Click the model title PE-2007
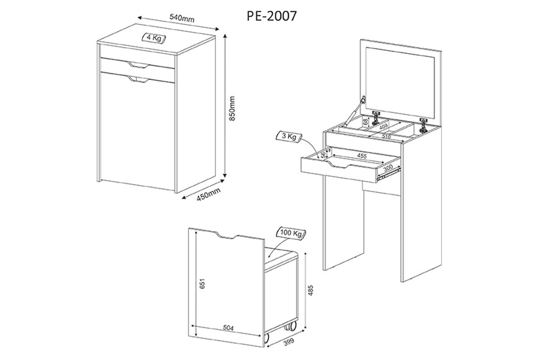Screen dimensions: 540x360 pyautogui.click(x=271, y=16)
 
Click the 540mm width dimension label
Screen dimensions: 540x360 pyautogui.click(x=182, y=18)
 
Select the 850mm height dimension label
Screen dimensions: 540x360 pyautogui.click(x=232, y=108)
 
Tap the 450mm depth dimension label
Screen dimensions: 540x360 pyautogui.click(x=208, y=194)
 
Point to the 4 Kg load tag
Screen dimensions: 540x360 pyautogui.click(x=154, y=38)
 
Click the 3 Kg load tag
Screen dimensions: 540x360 pyautogui.click(x=289, y=137)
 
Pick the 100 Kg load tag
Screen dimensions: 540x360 pyautogui.click(x=291, y=233)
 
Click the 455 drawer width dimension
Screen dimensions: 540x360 pyautogui.click(x=362, y=156)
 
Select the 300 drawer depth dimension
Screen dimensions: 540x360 pyautogui.click(x=387, y=167)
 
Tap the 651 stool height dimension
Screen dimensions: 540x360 pyautogui.click(x=202, y=283)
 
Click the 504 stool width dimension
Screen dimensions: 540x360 pyautogui.click(x=228, y=328)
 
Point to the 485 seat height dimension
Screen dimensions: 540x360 pyautogui.click(x=310, y=290)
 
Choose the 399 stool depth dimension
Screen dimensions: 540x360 pyautogui.click(x=289, y=342)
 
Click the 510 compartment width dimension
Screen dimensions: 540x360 pyautogui.click(x=386, y=136)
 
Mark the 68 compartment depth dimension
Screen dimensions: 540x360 pyautogui.click(x=366, y=121)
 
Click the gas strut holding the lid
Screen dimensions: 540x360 pyautogui.click(x=354, y=111)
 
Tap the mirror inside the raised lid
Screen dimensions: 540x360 pyautogui.click(x=400, y=83)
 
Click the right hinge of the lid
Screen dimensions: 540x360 pyautogui.click(x=423, y=125)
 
